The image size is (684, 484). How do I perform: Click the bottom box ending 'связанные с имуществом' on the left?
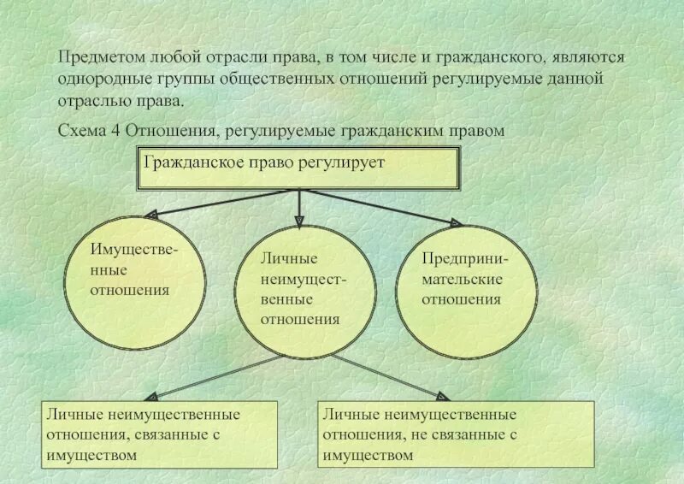coord(161,434)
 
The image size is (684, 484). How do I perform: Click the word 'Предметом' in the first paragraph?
coord(93,57)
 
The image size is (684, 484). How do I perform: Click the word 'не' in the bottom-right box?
coord(422,434)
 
